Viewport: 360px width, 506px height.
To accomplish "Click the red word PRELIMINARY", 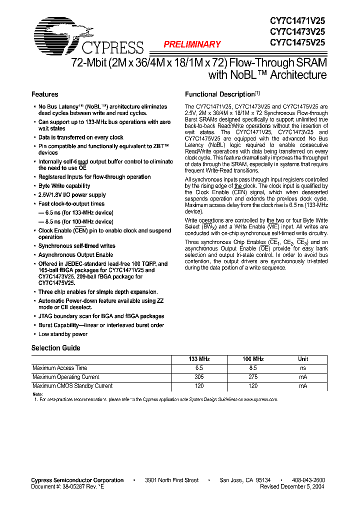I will tap(192, 44).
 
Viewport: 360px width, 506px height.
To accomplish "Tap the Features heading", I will tap(45, 94).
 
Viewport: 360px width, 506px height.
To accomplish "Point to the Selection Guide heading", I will tap(55, 348).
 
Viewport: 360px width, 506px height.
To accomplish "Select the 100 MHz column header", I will tap(253, 359).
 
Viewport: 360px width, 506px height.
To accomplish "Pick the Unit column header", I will tap(303, 359).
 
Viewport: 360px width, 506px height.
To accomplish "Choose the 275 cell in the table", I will tap(253, 377).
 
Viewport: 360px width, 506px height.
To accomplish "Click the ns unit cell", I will tap(303, 368).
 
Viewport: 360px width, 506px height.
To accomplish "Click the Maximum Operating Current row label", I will tap(65, 377).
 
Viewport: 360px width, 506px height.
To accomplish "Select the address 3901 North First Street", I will tap(171, 480).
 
